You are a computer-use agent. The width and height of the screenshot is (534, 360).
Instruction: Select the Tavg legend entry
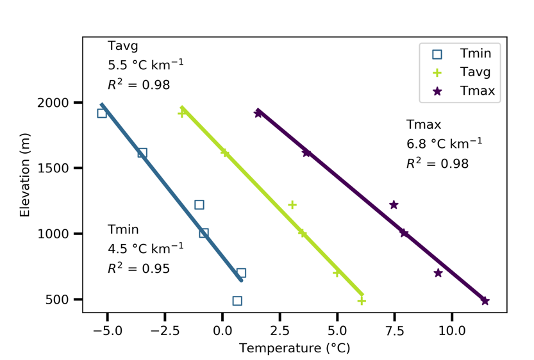(474, 72)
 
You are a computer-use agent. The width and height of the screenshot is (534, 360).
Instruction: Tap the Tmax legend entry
(477, 91)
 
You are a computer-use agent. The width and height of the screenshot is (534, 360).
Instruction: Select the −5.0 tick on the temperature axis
(108, 332)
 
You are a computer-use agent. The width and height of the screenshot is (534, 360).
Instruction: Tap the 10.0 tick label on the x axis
(452, 332)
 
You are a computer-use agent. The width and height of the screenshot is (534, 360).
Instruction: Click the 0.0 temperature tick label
(222, 332)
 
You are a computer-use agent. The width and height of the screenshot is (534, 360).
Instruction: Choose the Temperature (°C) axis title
(294, 348)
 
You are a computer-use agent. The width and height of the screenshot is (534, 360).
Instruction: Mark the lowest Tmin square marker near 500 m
(237, 300)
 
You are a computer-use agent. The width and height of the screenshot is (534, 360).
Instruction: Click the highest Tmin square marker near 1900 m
(102, 113)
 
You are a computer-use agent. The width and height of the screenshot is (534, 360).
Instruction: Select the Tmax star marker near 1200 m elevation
(394, 205)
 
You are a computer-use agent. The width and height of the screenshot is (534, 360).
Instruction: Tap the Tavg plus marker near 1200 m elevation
(292, 205)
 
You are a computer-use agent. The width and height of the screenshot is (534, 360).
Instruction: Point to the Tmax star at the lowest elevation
(485, 301)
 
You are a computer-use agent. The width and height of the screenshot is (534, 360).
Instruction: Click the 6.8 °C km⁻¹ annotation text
(444, 143)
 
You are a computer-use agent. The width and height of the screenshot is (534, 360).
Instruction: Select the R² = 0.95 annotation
(138, 268)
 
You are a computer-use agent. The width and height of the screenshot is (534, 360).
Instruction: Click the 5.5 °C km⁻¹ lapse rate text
(146, 65)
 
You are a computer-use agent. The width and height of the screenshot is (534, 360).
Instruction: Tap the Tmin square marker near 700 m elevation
(241, 273)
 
